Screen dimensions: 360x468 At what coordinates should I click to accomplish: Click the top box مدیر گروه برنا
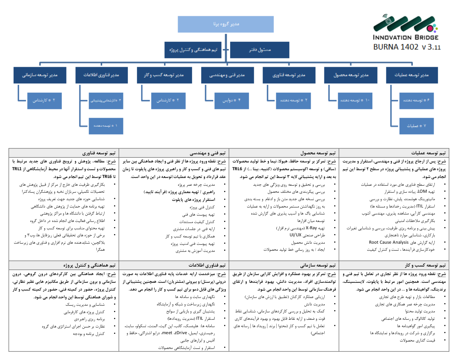pos(226,24)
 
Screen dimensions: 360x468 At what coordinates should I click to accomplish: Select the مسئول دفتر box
pos(259,50)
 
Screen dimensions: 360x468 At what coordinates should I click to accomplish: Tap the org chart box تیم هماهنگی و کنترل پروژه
pos(193,50)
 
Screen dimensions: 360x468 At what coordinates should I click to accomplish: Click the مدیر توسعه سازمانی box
pos(40,75)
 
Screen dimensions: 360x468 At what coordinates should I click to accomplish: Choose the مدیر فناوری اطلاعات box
pos(101,75)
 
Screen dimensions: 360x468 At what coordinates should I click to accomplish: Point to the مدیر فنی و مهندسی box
pos(227,75)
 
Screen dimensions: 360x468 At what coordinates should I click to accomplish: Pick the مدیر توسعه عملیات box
pos(411,75)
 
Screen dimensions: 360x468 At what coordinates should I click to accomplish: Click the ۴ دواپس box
pos(232,100)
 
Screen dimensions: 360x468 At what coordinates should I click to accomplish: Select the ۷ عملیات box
pos(416,126)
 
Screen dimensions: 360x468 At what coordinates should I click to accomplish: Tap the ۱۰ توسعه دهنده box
pos(355,100)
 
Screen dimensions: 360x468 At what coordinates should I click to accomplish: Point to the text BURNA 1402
pos(396,47)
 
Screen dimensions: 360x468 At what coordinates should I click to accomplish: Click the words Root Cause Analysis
pos(389,243)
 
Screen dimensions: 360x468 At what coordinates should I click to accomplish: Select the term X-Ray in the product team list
pos(311,228)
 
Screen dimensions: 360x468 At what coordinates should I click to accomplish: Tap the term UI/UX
pos(296,235)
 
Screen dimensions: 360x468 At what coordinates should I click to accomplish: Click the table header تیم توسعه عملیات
pos(428,153)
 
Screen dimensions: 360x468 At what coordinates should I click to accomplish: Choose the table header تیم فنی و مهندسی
pos(208,153)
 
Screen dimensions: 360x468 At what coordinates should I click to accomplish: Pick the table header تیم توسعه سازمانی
pos(318,265)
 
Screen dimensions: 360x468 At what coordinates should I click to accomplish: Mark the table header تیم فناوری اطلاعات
pos(207,265)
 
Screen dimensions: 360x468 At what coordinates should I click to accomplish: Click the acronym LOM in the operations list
pos(422,192)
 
